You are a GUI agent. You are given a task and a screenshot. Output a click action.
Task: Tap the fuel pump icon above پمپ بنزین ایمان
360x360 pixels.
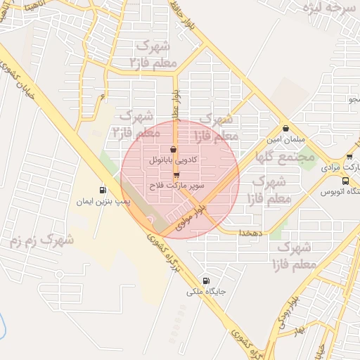[x=103, y=190]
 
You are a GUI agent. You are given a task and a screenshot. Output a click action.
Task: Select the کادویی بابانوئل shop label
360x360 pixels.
[x=174, y=160]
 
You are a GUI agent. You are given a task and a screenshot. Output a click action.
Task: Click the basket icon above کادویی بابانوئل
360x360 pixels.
[x=174, y=149]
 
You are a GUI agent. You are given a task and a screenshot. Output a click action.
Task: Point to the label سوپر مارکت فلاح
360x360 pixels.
[x=176, y=186]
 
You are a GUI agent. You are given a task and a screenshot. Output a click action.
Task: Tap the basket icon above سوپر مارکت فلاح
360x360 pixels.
[x=176, y=175]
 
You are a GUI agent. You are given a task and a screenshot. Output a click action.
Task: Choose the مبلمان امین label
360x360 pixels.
[x=284, y=139]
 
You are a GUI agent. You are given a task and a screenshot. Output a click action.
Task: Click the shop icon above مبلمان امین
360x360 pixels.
[x=285, y=128]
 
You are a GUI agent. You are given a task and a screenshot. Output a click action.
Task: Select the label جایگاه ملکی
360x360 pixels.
[x=205, y=290]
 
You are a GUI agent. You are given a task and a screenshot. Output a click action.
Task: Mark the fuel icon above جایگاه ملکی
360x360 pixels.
[x=205, y=279]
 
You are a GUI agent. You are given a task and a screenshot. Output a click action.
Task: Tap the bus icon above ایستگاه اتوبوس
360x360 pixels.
[x=344, y=181]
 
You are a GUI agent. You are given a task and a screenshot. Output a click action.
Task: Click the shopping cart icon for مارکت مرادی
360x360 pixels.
[x=349, y=156]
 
